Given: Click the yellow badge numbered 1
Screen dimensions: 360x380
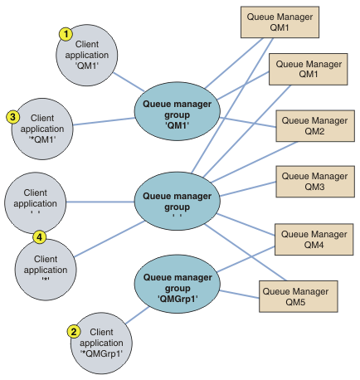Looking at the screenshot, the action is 66,34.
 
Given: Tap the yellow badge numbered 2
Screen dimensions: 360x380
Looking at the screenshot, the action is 74,331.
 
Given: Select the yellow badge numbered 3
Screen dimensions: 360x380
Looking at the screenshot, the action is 13,117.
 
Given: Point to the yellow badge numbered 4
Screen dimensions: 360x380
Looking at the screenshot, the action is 40,237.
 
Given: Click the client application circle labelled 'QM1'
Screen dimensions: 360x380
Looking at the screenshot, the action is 87,55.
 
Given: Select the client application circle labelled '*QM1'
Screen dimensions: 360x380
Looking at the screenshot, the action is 42,129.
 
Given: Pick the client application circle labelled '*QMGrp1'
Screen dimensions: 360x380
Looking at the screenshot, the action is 101,343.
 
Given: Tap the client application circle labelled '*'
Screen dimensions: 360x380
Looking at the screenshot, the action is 46,270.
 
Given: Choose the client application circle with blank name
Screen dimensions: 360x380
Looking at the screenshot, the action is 36,203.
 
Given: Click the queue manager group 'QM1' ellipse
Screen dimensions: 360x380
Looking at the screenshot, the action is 178,111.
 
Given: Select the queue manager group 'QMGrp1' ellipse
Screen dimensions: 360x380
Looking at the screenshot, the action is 178,284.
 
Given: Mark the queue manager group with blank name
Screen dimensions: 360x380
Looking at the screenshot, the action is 178,201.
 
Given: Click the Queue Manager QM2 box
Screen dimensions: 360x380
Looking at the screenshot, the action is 315,126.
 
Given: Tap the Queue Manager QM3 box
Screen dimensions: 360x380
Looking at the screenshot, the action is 315,182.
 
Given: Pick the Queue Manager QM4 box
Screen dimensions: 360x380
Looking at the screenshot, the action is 314,240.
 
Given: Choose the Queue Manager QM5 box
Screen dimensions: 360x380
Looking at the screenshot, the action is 299,297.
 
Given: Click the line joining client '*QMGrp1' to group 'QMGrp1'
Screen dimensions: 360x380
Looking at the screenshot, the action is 138,315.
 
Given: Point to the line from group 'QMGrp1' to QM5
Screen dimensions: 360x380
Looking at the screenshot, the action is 240,295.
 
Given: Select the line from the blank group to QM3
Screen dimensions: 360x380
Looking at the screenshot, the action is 248,189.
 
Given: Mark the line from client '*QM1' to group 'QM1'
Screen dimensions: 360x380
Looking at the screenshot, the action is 104,121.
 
